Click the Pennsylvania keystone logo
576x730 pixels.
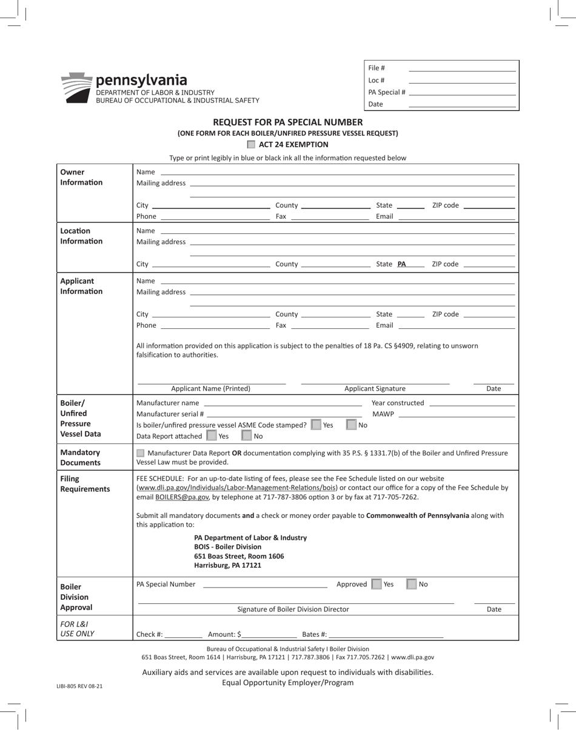click(x=76, y=88)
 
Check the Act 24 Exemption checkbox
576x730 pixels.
click(x=251, y=145)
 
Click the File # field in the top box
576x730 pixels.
click(x=462, y=68)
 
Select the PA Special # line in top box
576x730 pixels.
click(x=462, y=93)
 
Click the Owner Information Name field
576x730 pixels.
click(x=337, y=172)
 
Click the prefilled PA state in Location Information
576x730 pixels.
click(x=401, y=264)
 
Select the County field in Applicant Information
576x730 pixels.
click(x=335, y=314)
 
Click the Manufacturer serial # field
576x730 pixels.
click(x=284, y=414)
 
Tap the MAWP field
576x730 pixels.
click(x=457, y=414)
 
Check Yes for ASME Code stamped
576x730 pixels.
click(x=316, y=425)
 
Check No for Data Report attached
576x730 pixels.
click(x=247, y=436)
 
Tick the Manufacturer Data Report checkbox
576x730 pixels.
click(x=141, y=453)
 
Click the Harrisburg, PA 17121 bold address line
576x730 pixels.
click(x=227, y=565)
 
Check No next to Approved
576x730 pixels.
click(x=412, y=584)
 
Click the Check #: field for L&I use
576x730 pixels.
click(x=183, y=634)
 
